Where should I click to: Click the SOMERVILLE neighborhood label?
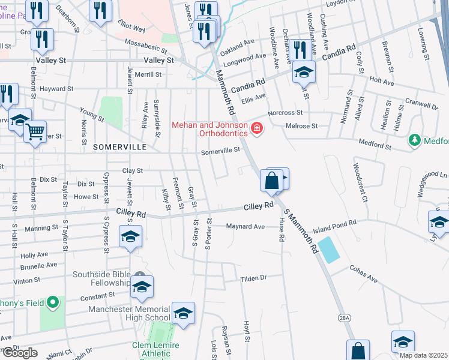pos(119,146)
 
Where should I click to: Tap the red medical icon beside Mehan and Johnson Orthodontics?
pos(257,128)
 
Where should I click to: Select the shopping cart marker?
pos(35,130)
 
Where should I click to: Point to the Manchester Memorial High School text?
pos(129,313)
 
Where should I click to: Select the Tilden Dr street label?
pos(253,278)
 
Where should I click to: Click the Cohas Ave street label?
pos(364,278)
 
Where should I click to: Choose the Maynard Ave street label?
pos(246,227)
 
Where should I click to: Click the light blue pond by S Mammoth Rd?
pos(328,250)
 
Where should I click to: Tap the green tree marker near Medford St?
pos(414,140)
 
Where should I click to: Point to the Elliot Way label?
pos(132,28)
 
